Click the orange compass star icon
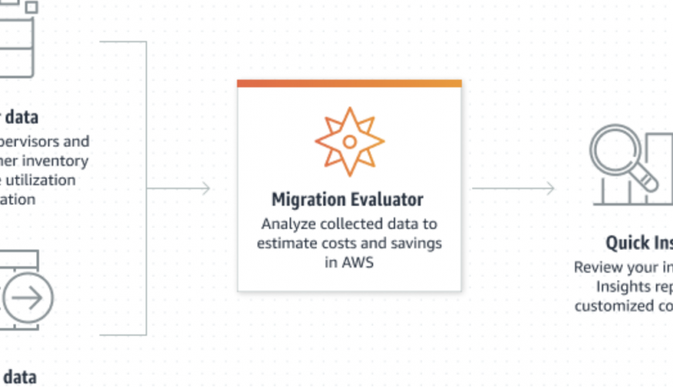349,142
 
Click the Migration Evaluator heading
347,200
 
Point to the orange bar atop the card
349,83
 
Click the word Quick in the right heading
627,243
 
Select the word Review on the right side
596,267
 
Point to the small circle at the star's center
349,142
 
